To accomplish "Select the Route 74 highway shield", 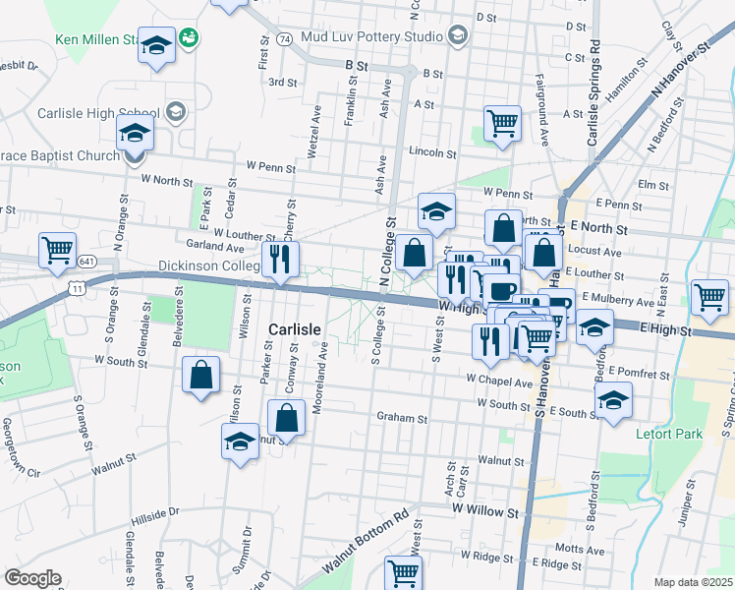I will [x=285, y=39].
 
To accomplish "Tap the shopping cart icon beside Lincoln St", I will [x=502, y=124].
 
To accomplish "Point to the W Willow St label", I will [x=484, y=512].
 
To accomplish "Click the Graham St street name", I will [x=402, y=417].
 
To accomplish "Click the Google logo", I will [x=32, y=577].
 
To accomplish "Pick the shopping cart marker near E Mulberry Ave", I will [x=709, y=296].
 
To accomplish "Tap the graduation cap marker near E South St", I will [x=613, y=400].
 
